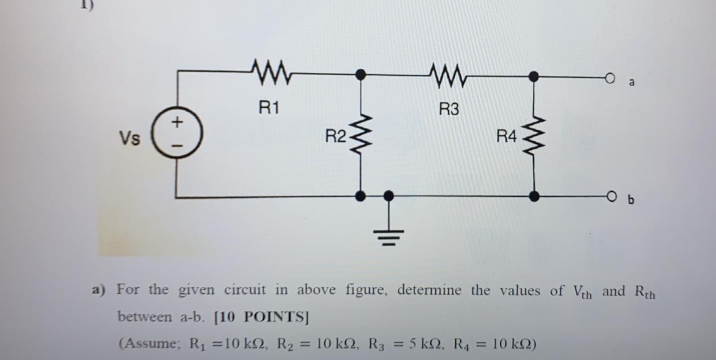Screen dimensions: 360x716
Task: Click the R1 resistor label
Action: (268, 108)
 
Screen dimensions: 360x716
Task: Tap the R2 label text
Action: (335, 136)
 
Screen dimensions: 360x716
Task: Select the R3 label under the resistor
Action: (449, 109)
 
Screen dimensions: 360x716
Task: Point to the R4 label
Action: (507, 136)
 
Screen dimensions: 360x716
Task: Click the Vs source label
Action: (129, 138)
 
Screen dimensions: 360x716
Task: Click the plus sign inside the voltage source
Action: (178, 122)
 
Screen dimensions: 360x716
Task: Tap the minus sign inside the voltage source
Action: (178, 146)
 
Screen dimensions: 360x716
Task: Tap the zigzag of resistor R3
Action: (448, 73)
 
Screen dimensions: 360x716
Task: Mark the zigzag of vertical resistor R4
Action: (534, 136)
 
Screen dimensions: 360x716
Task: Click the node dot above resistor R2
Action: (360, 74)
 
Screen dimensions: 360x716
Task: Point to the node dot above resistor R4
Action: (533, 76)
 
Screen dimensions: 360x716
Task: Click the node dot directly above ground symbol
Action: (389, 195)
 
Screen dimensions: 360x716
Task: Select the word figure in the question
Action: (365, 290)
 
